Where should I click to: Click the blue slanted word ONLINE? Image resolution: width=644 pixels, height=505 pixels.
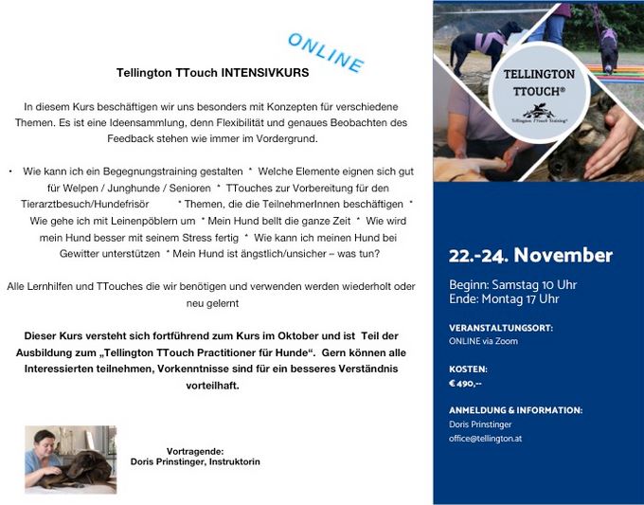[x=325, y=54]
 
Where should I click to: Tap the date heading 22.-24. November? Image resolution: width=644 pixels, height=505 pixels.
[x=530, y=256]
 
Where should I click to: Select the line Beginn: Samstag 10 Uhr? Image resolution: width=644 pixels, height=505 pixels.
[x=512, y=284]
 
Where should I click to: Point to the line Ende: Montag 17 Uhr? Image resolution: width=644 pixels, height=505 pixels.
[x=504, y=299]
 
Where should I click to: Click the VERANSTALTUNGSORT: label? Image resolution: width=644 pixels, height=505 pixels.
[x=500, y=327]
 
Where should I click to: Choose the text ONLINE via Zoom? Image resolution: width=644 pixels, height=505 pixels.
[x=483, y=341]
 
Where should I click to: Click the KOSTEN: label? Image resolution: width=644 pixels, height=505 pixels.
[x=468, y=369]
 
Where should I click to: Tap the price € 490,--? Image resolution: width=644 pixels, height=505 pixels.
[x=466, y=383]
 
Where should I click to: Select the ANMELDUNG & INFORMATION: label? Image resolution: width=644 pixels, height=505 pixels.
[x=515, y=410]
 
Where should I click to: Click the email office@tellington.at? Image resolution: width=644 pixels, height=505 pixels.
[x=485, y=439]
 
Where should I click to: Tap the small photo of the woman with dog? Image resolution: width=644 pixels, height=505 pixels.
[x=71, y=460]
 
